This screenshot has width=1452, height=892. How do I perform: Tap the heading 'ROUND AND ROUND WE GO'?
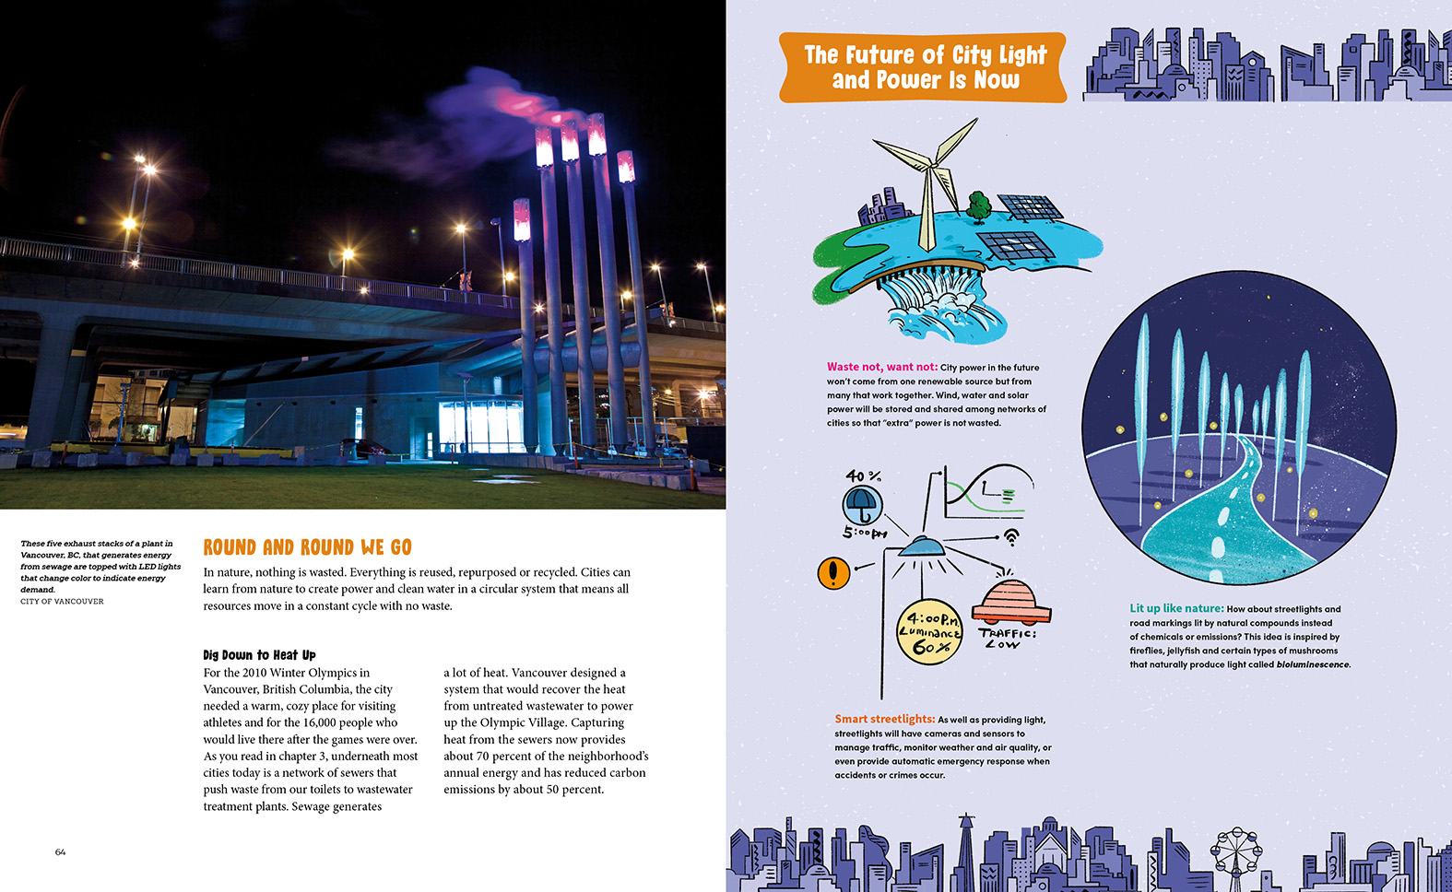coord(307,547)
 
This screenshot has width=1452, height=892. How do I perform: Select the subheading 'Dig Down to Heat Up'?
coord(259,655)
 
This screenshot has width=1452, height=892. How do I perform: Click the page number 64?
coord(60,852)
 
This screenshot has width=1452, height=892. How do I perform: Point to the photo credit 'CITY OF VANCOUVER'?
coord(62,602)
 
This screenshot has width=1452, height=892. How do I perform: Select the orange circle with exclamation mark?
coord(833,573)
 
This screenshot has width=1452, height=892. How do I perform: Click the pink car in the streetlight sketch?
coord(1010,601)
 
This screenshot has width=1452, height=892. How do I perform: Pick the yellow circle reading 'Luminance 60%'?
coord(930,633)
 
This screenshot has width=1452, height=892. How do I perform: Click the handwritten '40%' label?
coord(864,476)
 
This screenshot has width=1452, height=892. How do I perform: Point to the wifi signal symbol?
coord(1011,536)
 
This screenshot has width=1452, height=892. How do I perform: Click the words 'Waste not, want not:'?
coord(881,367)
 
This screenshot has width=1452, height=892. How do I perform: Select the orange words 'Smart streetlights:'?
coord(884,720)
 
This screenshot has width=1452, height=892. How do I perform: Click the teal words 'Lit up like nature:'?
coord(1176,608)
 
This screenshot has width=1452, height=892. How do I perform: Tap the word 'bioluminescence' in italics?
coord(1313,664)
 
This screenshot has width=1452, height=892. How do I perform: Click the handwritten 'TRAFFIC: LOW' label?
coord(1007,639)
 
